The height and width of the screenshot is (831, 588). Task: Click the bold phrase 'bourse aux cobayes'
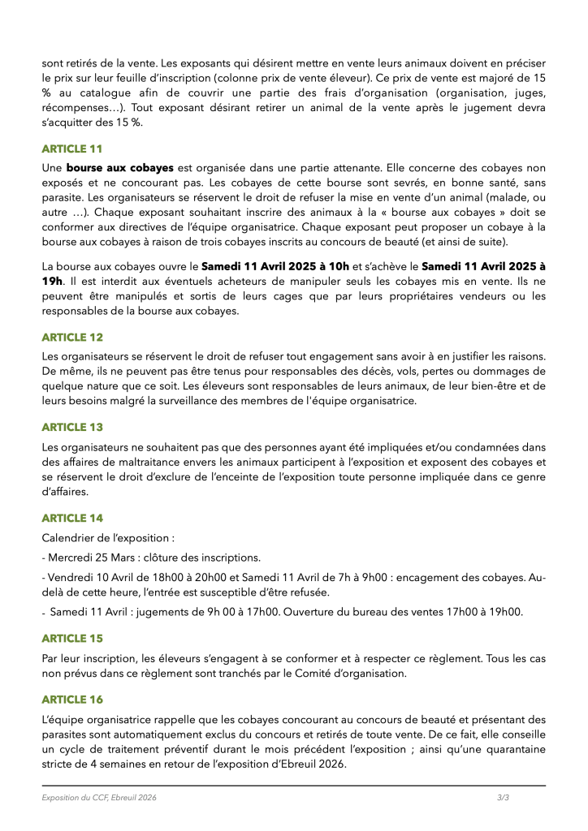[119, 168]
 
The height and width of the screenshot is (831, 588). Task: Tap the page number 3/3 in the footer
[504, 799]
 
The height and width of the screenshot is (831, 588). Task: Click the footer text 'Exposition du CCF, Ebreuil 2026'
[99, 799]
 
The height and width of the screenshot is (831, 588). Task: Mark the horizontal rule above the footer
[294, 786]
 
